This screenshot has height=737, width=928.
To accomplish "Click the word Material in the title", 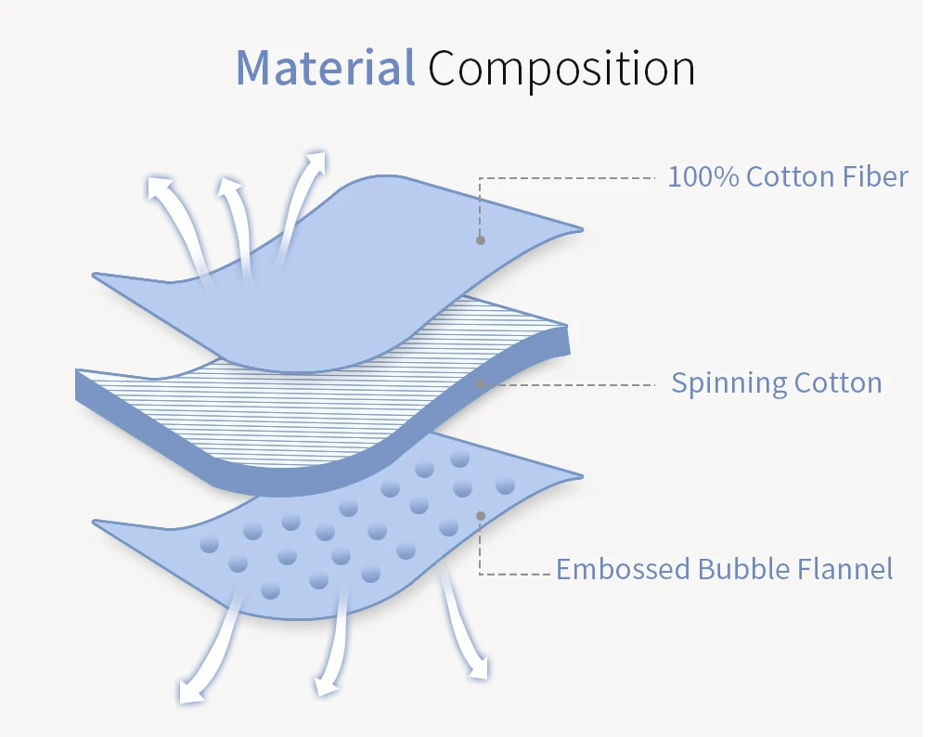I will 324,68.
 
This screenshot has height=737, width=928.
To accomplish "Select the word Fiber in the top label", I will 876,176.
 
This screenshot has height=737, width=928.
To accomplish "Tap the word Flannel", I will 844,568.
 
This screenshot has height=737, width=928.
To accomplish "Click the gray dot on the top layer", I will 481,239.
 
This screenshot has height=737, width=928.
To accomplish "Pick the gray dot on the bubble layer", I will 481,515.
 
